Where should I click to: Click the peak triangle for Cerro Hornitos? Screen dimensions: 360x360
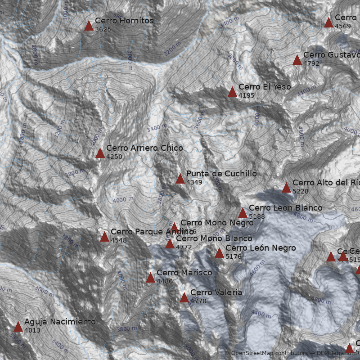point(89,26)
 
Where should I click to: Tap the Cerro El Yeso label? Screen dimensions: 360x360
point(265,86)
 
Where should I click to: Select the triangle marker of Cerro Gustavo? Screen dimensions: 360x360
point(297,60)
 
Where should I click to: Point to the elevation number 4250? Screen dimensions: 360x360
point(114,157)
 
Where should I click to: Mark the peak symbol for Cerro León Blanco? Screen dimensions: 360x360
point(243,213)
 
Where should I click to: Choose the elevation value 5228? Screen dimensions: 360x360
point(301,191)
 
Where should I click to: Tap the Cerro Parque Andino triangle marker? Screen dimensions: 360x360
point(104,237)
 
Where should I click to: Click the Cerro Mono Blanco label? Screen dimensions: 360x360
point(214,238)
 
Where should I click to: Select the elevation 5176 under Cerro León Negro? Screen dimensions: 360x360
point(234,256)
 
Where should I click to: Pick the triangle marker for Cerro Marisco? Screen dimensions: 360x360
point(150,278)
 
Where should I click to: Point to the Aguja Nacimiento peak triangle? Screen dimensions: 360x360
point(18,327)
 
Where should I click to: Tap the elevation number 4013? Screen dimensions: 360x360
point(32,331)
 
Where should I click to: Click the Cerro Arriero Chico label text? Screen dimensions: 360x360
point(144,148)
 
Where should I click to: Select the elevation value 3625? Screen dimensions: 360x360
point(103,29)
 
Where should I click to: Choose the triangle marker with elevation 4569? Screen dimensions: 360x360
point(328,22)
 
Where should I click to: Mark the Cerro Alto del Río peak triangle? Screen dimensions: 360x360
point(286,188)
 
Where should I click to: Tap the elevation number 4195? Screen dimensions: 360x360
point(247,95)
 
